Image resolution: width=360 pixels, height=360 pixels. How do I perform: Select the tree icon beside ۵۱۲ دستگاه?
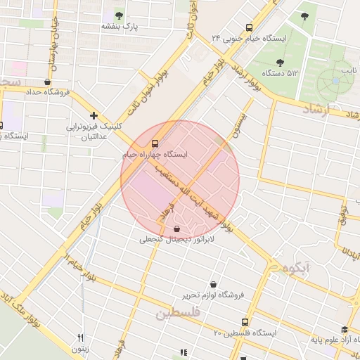point(280,63)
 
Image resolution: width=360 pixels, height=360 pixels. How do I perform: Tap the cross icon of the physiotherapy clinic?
point(94,115)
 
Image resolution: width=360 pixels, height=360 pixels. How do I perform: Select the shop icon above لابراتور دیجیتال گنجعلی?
point(176,229)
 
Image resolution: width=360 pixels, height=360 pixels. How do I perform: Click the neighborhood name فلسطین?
point(179,312)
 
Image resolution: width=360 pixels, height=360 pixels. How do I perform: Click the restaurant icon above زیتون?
point(80,337)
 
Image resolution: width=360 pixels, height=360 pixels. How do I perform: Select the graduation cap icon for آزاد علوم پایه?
point(344,330)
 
